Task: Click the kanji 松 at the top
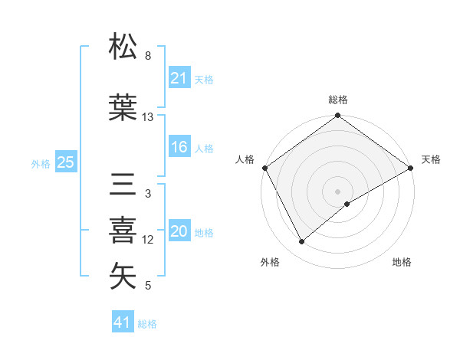[123, 47]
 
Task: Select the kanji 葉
[123, 107]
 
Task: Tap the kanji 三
[123, 184]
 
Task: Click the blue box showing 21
[179, 78]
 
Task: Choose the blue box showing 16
[179, 148]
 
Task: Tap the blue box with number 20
[179, 232]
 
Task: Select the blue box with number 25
[65, 162]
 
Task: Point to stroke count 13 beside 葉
[148, 117]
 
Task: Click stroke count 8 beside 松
[148, 56]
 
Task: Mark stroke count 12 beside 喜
[148, 240]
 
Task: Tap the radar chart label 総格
[338, 100]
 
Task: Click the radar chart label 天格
[431, 159]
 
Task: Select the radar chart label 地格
[402, 263]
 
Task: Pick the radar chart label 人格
[245, 159]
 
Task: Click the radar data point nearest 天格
[411, 167]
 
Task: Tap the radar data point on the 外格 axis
[302, 242]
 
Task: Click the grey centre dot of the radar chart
[338, 191]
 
